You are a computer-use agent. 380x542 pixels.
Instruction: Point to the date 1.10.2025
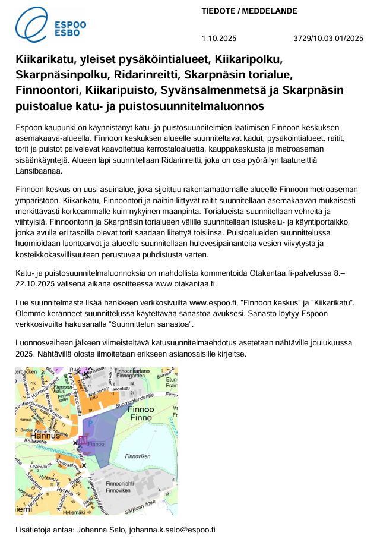point(219,39)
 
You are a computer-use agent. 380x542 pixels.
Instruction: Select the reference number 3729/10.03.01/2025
point(328,39)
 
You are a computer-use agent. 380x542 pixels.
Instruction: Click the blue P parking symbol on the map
point(91,423)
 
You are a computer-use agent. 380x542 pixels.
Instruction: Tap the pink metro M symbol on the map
point(83,440)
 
